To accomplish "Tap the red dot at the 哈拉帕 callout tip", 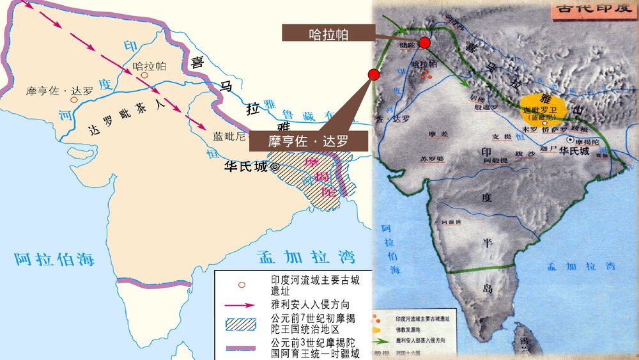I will click(424, 43).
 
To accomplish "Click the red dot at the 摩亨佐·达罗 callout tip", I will click(374, 75).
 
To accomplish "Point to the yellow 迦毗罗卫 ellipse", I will click(543, 108).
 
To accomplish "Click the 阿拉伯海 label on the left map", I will click(55, 259).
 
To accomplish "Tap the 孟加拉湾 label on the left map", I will click(306, 258).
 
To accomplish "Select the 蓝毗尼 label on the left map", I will click(227, 136).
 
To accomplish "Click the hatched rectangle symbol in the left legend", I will click(240, 324).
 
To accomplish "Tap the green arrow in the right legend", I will click(381, 340).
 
